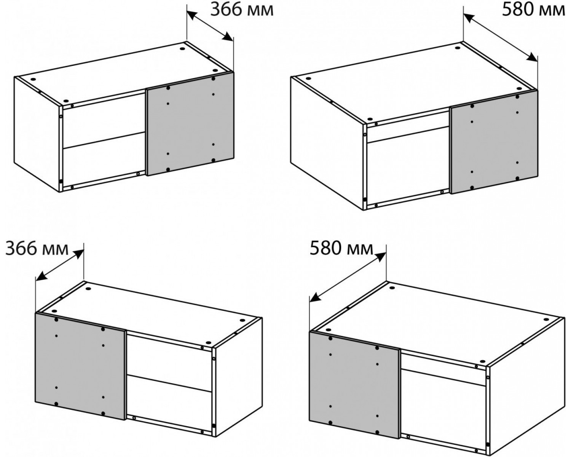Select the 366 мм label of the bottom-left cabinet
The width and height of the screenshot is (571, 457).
coord(37,249)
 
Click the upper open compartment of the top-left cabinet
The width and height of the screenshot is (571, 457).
coord(104,120)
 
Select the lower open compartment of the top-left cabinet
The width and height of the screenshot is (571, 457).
coord(104,161)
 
